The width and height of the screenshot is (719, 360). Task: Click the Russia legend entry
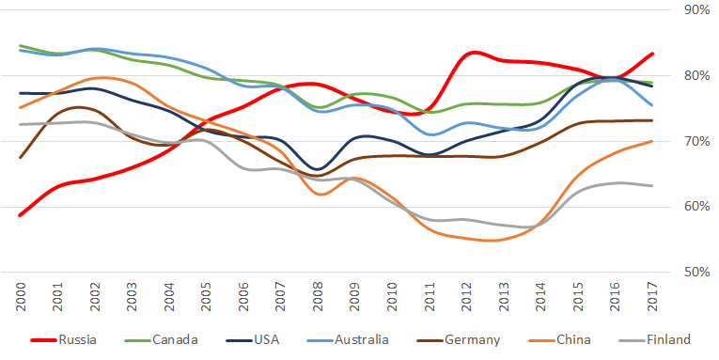coord(64,340)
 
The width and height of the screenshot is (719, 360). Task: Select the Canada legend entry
coord(162,340)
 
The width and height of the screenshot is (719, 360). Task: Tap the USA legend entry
coord(253,340)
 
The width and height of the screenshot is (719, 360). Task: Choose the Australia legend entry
coord(348,340)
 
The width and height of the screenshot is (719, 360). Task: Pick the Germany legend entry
coord(459,340)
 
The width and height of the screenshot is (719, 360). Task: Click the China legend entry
coord(559,340)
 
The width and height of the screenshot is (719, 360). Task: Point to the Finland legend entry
coord(655,340)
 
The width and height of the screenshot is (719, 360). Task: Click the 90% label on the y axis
coord(697,9)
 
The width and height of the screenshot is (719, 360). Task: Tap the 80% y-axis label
coord(697,76)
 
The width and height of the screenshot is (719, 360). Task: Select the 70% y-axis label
coord(697,141)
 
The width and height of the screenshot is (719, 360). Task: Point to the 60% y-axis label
coord(697,207)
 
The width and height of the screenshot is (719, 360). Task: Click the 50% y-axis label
coord(697,273)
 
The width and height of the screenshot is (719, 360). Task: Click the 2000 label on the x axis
coord(20,297)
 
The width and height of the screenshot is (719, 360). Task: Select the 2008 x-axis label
coord(318,297)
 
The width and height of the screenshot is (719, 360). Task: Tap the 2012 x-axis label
coord(466,297)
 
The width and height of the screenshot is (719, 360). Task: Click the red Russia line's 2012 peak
coord(473,53)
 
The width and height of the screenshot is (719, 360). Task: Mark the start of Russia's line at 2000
coord(20,215)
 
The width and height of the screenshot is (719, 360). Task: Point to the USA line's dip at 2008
coord(319,169)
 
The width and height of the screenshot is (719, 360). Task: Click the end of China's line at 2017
coord(651,141)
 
